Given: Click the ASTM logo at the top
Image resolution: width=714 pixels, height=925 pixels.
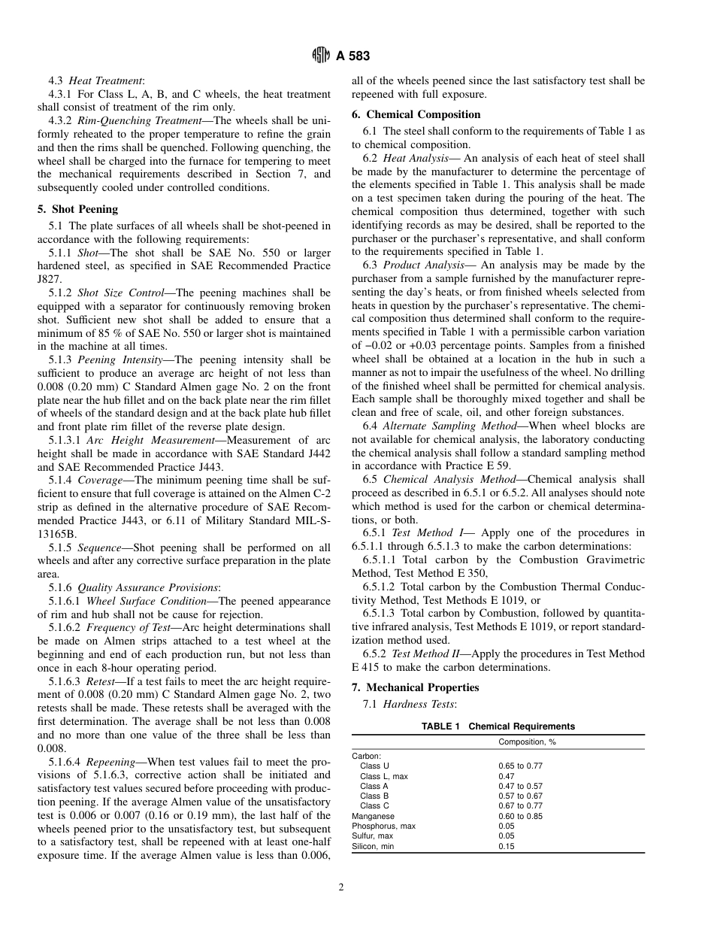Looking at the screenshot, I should [x=321, y=56].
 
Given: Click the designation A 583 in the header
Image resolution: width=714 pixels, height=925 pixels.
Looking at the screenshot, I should [x=352, y=56].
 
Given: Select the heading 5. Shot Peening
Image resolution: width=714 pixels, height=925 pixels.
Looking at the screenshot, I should [x=77, y=209].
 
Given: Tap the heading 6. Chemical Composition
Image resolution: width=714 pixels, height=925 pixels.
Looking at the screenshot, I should [x=416, y=114].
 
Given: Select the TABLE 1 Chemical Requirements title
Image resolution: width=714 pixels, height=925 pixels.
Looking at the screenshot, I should [x=498, y=726].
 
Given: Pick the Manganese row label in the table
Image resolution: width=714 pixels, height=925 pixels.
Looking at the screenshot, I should [x=373, y=816].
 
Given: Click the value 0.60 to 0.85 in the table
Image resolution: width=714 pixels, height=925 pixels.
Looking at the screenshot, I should [x=520, y=816].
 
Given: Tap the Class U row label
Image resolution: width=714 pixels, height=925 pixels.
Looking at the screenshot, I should [x=374, y=766].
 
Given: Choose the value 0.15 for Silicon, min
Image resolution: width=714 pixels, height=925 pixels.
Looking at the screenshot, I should [x=507, y=846].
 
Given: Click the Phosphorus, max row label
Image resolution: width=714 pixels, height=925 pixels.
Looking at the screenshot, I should [x=383, y=826].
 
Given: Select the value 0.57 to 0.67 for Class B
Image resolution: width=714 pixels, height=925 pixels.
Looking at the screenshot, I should [x=520, y=796].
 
